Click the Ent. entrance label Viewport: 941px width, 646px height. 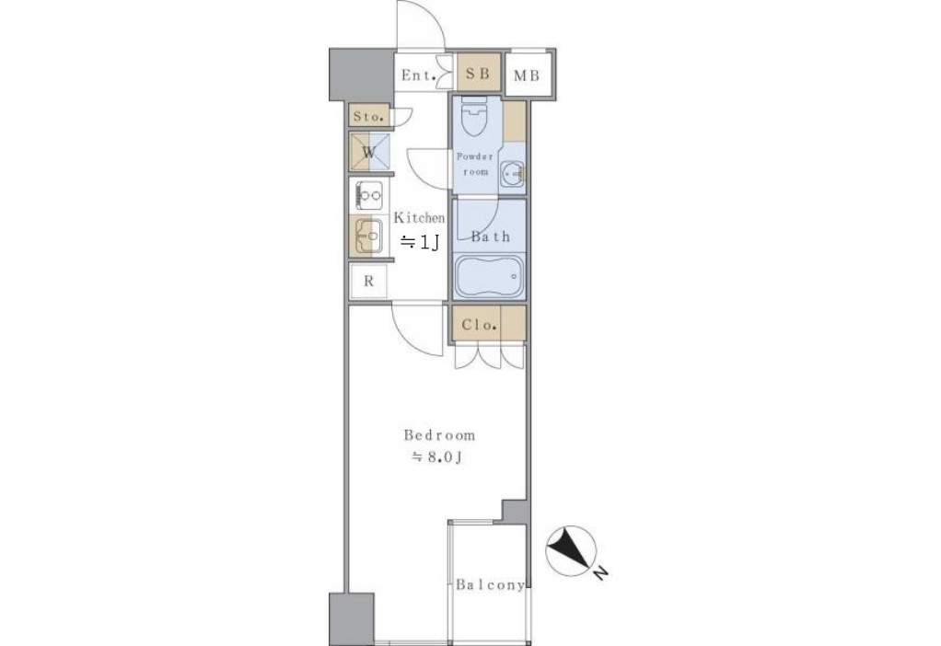[x=418, y=75]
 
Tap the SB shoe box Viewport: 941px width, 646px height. [x=478, y=74]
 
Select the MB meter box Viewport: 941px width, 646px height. [x=528, y=75]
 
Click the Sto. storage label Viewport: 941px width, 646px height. [x=368, y=117]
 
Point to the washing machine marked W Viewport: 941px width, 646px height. [x=370, y=153]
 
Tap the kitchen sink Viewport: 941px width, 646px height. [x=369, y=236]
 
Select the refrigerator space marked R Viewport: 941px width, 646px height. [x=369, y=281]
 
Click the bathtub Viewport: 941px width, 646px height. [x=489, y=276]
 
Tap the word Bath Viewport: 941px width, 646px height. [x=491, y=236]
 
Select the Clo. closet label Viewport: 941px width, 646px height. [x=479, y=325]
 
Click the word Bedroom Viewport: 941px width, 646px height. [x=439, y=435]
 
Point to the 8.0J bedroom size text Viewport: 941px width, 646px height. [x=436, y=457]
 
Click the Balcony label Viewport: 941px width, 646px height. [x=491, y=584]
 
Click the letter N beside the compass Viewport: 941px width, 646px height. [x=600, y=572]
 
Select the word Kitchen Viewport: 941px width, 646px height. [x=419, y=218]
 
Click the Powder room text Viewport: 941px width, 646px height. [x=475, y=164]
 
